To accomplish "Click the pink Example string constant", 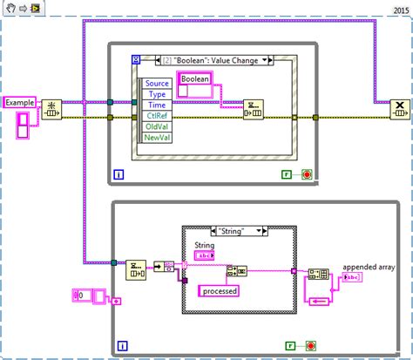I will click(20, 102).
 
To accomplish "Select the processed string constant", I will click(222, 290).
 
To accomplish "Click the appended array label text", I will click(368, 268).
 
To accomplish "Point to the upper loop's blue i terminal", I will click(118, 174).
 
